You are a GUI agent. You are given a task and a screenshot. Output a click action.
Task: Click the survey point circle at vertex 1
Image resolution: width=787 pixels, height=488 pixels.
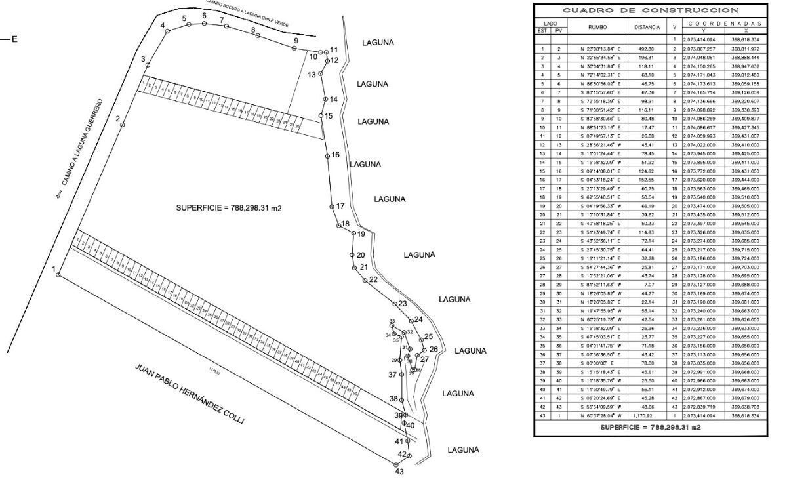[58, 275]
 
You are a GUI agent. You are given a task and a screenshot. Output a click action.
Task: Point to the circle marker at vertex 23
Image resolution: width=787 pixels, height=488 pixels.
[395, 304]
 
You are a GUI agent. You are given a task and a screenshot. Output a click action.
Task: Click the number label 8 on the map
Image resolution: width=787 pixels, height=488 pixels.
[252, 30]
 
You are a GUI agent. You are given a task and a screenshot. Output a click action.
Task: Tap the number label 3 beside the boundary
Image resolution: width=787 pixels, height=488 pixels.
[143, 60]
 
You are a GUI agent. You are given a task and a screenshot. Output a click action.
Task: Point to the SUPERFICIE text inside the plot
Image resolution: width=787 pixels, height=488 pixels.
[229, 207]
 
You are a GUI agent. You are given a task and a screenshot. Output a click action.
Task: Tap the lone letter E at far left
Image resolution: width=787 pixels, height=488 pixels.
[14, 39]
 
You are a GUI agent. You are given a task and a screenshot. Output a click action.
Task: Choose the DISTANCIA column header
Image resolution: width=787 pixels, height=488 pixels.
[647, 28]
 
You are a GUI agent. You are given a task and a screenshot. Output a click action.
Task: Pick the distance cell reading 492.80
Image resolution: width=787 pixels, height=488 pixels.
[647, 49]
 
